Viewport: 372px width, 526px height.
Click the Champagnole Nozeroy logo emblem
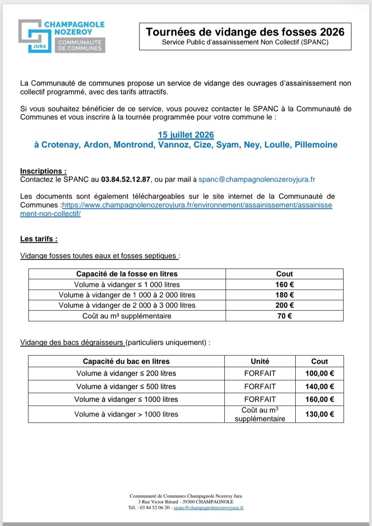point(35,36)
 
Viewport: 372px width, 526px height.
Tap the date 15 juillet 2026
point(186,135)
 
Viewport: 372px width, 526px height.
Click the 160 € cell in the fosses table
point(284,284)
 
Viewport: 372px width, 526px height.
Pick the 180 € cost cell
point(284,295)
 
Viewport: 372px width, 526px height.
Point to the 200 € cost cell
point(284,305)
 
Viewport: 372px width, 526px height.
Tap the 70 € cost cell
point(284,316)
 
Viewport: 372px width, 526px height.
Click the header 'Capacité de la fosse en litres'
point(127,274)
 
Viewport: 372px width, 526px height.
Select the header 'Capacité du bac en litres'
point(126,361)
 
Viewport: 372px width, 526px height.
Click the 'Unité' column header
point(260,361)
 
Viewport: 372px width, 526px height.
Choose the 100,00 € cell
point(319,374)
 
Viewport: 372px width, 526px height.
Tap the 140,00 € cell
point(319,387)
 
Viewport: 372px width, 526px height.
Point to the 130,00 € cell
point(319,414)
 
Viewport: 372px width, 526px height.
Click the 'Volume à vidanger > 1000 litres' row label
point(126,414)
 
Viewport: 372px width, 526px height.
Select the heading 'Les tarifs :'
point(39,239)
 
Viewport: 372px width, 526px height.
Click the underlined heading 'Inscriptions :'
point(43,171)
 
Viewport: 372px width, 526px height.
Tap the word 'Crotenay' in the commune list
point(61,145)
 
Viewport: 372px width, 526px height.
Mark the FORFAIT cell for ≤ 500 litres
point(260,387)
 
